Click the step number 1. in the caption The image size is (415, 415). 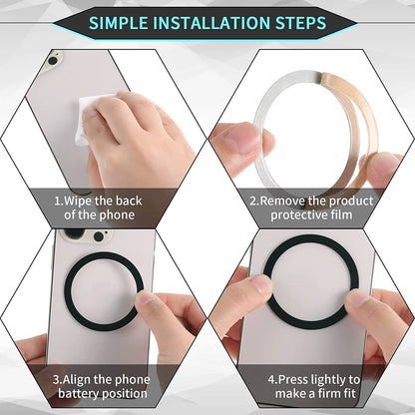(57, 200)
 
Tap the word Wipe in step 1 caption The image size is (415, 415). (79, 200)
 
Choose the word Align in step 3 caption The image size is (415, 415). (80, 380)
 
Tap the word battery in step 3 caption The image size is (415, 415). (76, 394)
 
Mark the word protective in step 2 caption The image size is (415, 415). (298, 213)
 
